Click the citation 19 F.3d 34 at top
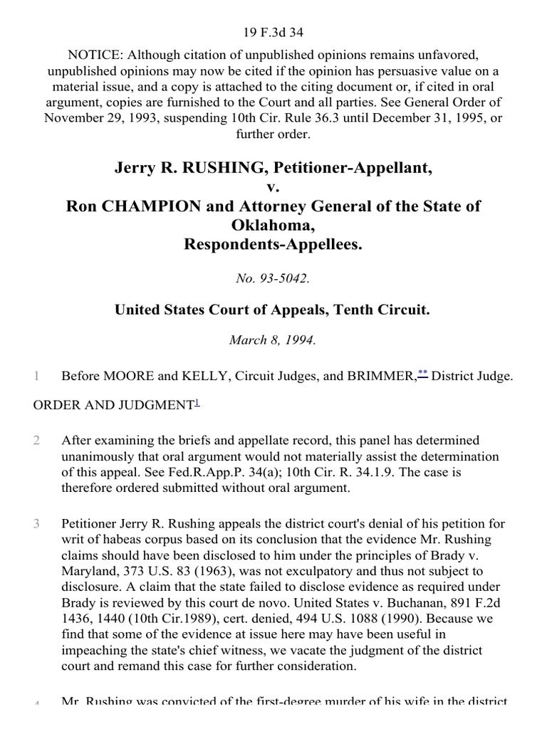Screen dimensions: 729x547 pos(273,12)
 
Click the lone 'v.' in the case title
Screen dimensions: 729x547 pos(273,187)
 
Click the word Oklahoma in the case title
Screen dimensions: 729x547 pos(273,226)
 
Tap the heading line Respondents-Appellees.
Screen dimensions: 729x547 pos(273,244)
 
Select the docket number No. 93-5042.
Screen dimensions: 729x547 pos(273,278)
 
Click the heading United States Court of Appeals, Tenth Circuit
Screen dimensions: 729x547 pos(273,310)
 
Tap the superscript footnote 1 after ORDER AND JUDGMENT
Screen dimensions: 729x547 pos(197,402)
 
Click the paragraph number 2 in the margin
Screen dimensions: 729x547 pos(36,441)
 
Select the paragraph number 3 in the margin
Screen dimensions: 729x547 pos(36,525)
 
